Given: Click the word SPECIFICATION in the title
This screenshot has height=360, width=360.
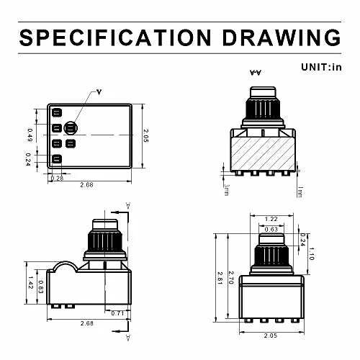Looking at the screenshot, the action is coord(115,37).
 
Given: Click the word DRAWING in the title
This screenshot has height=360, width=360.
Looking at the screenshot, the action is coord(282,37).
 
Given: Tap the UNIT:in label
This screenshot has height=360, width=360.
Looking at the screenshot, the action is coord(321,67).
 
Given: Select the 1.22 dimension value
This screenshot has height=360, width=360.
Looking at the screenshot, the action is coord(271,219).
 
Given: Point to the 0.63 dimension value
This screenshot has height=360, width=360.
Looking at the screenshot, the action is coord(271,230).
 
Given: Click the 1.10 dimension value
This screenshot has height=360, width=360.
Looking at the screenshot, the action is coord(311,253).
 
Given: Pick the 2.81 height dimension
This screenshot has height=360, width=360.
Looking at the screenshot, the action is coord(220,278).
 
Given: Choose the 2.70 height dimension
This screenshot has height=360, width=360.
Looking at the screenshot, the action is coord(231,278).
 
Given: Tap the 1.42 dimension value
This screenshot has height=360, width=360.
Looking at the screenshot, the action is coord(30,282).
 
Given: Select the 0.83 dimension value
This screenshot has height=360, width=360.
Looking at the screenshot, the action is coord(41,287).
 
